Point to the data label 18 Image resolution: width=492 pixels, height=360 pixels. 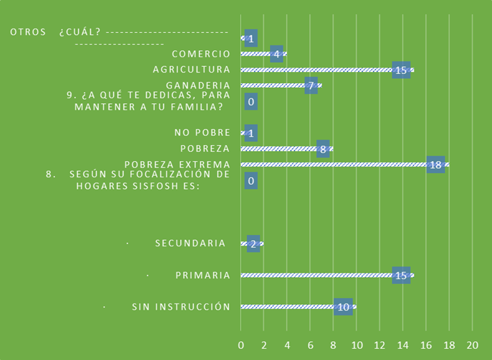click(x=435, y=165)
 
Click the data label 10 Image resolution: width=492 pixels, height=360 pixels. click(x=343, y=307)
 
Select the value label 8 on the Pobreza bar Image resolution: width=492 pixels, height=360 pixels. click(x=323, y=149)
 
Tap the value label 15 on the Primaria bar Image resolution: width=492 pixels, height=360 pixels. click(x=401, y=276)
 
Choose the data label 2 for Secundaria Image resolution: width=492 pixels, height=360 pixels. click(x=253, y=243)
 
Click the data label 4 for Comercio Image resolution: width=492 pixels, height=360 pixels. click(x=276, y=54)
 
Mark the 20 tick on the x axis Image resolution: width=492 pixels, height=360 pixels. click(x=472, y=345)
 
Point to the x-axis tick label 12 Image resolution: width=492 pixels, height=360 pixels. click(x=380, y=345)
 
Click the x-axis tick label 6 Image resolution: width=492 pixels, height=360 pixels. click(x=311, y=345)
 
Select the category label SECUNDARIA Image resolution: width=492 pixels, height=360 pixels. click(x=191, y=243)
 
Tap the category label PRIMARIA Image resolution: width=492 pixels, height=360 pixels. click(x=202, y=275)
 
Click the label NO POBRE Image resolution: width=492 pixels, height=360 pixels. click(x=202, y=133)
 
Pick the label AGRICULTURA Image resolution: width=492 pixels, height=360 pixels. click(x=191, y=69)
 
